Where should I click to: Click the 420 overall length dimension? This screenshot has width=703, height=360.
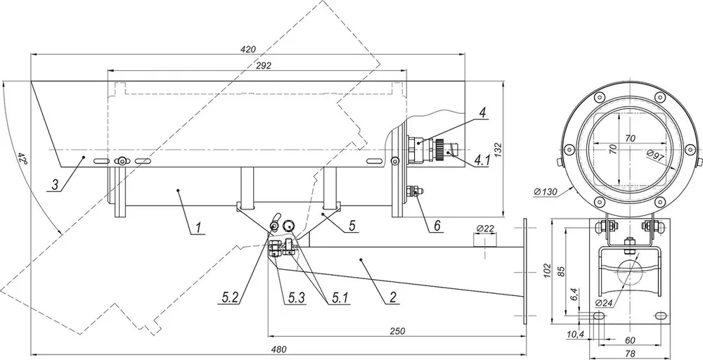pyautogui.click(x=247, y=49)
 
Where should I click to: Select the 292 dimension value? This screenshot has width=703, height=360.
pyautogui.click(x=264, y=65)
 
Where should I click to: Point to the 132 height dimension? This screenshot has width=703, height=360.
pyautogui.click(x=498, y=149)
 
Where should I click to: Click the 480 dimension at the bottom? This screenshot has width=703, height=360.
pyautogui.click(x=278, y=349)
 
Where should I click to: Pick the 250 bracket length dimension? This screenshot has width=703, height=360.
pyautogui.click(x=397, y=331)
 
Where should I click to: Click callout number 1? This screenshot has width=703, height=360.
pyautogui.click(x=199, y=228)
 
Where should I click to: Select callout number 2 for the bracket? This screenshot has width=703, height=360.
pyautogui.click(x=393, y=297)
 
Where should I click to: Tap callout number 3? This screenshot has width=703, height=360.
pyautogui.click(x=56, y=185)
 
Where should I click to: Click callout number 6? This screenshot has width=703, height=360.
pyautogui.click(x=438, y=226)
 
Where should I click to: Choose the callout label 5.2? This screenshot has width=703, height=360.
pyautogui.click(x=230, y=297)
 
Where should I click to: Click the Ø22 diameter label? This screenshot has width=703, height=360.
pyautogui.click(x=485, y=229)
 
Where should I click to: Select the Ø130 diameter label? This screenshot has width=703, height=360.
pyautogui.click(x=546, y=192)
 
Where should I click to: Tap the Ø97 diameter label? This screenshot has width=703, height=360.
pyautogui.click(x=654, y=156)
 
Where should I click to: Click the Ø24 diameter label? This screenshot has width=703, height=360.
pyautogui.click(x=604, y=302)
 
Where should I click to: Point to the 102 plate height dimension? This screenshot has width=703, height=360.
pyautogui.click(x=547, y=271)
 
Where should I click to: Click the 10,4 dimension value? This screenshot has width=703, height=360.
pyautogui.click(x=575, y=335)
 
